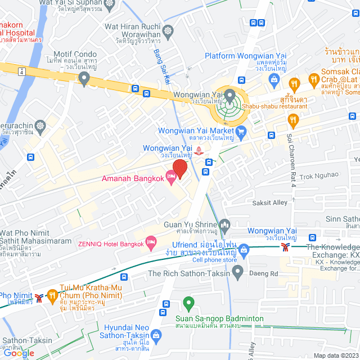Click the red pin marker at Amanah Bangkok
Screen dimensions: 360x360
(179, 168)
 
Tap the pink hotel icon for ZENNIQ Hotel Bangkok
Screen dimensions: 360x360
(151, 242)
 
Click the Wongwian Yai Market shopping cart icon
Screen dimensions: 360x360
(242, 133)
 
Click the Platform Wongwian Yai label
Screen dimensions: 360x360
(242, 56)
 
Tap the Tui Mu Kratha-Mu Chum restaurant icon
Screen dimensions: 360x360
(52, 294)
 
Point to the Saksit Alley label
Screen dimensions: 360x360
(269, 202)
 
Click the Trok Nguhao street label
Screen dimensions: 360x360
(319, 176)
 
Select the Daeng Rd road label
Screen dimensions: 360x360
(267, 274)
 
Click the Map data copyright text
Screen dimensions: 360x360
(336, 355)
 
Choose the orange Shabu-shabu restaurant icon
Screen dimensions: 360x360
(292, 119)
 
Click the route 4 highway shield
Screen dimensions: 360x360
(21, 71)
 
